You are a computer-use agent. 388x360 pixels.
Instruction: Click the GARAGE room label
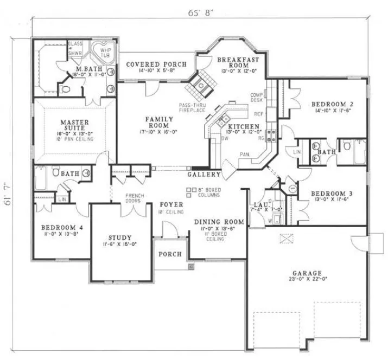point(305,273)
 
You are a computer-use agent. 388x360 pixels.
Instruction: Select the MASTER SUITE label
point(74,126)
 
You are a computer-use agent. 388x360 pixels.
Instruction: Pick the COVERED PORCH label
point(156,64)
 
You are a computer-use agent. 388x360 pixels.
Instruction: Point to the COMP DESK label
point(257,98)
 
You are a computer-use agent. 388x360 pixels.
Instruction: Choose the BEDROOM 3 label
point(332,193)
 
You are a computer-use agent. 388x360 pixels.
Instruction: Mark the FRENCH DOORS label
point(133,198)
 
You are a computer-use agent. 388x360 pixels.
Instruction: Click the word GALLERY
point(204,175)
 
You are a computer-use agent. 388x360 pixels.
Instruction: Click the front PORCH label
point(169,254)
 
